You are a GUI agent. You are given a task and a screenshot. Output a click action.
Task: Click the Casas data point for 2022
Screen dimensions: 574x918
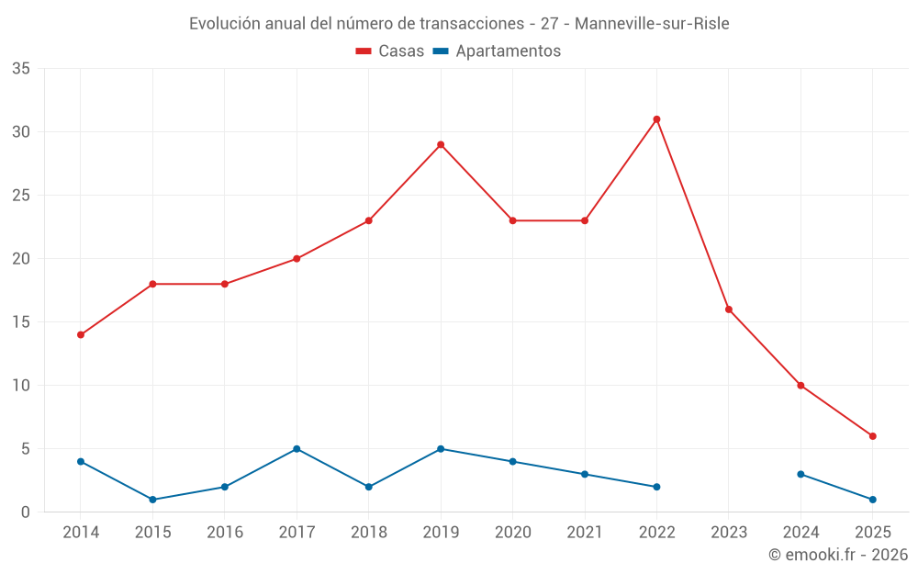click(656, 119)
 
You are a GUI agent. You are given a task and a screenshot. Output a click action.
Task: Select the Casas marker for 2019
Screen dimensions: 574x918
click(441, 144)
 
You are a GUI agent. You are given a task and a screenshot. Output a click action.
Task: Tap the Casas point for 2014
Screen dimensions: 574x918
click(81, 334)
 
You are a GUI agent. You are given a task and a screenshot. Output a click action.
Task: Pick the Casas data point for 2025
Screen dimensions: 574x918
click(872, 436)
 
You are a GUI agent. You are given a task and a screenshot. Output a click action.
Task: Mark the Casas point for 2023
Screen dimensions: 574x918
click(729, 310)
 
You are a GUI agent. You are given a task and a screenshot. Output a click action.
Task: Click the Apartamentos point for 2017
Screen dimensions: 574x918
click(297, 449)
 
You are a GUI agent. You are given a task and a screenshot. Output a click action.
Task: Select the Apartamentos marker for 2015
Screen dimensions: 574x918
click(152, 500)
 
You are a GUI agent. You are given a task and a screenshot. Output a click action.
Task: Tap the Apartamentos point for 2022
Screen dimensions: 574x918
click(656, 487)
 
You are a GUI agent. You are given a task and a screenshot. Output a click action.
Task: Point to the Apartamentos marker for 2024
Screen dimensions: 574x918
click(800, 474)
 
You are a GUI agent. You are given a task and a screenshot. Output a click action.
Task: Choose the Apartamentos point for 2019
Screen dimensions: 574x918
click(441, 449)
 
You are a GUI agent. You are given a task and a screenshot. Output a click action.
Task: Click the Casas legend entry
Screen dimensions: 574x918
click(390, 51)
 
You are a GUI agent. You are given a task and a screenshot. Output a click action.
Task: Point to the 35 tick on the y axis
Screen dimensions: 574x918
click(21, 69)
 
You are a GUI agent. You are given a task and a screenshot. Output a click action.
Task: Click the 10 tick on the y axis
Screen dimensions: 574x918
click(21, 386)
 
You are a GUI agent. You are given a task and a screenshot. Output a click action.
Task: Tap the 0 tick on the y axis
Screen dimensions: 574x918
click(26, 512)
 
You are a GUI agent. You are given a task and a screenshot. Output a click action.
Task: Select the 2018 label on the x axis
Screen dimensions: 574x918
click(368, 533)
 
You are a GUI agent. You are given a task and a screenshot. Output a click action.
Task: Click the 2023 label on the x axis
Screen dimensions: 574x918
click(729, 533)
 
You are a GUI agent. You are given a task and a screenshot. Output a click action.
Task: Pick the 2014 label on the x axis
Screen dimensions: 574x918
click(81, 533)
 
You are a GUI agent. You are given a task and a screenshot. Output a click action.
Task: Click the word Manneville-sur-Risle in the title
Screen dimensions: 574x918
click(652, 24)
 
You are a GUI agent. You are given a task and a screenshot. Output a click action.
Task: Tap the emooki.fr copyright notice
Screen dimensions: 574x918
click(838, 555)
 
